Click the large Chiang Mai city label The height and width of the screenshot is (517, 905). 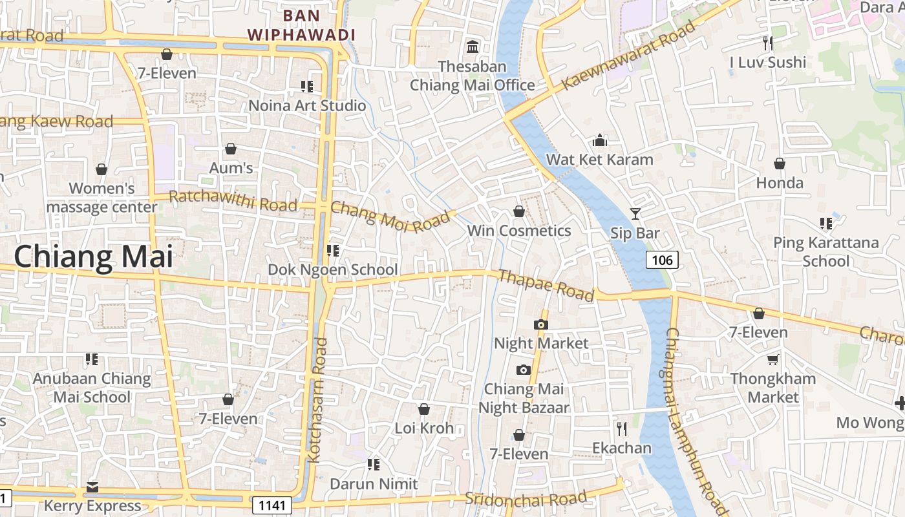tap(94, 257)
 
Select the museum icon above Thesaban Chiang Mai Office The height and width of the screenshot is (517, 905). tap(473, 47)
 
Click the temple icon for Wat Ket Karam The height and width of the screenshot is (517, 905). tap(600, 140)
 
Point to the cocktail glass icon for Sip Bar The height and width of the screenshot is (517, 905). tap(635, 213)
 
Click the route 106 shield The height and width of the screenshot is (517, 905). tap(662, 260)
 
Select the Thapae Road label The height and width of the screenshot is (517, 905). tap(546, 285)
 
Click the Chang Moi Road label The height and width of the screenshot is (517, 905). tap(390, 217)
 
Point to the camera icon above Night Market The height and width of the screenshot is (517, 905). tap(541, 324)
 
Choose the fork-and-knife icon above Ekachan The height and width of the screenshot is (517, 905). tap(621, 428)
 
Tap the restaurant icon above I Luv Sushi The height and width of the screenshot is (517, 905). tap(768, 43)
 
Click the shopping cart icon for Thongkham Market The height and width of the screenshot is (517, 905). tap(773, 359)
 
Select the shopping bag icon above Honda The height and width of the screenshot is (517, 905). tap(780, 164)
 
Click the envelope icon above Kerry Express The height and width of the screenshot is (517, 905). tap(92, 487)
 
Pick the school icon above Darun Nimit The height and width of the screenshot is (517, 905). tap(374, 464)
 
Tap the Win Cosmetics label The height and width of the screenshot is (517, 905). tap(519, 231)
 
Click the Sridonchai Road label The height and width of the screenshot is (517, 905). tap(526, 498)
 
